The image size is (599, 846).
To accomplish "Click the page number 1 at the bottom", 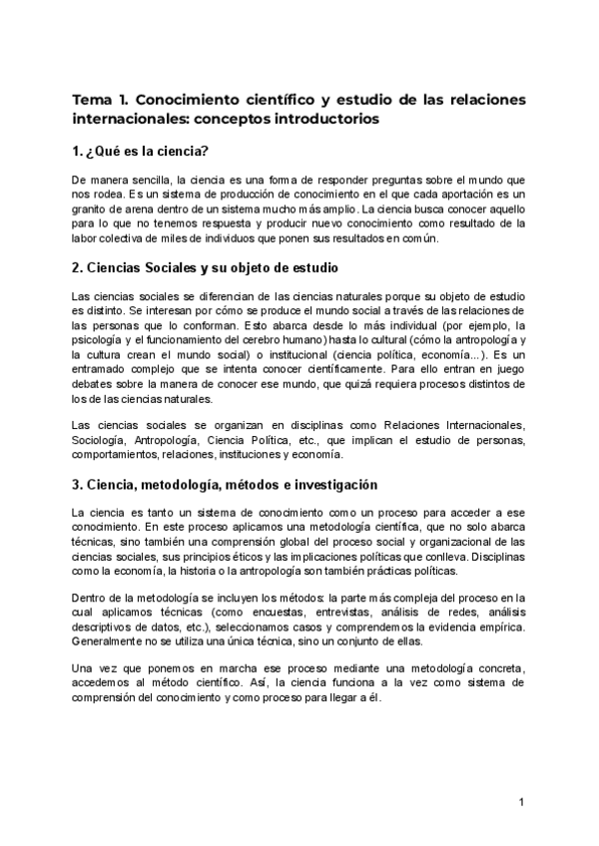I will pyautogui.click(x=521, y=803).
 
